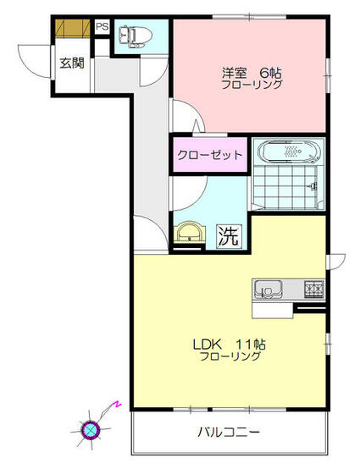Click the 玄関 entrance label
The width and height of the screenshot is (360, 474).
tap(71, 62)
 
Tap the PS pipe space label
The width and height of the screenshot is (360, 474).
tap(102, 27)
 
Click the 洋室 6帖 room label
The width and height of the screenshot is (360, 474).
tap(252, 73)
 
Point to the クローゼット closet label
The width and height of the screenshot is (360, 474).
tap(211, 155)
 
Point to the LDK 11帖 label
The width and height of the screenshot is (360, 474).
tap(230, 344)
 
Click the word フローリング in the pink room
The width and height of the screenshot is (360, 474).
tap(252, 85)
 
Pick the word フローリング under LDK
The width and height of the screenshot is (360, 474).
tap(230, 356)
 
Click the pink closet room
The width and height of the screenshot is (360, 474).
tap(211, 155)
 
